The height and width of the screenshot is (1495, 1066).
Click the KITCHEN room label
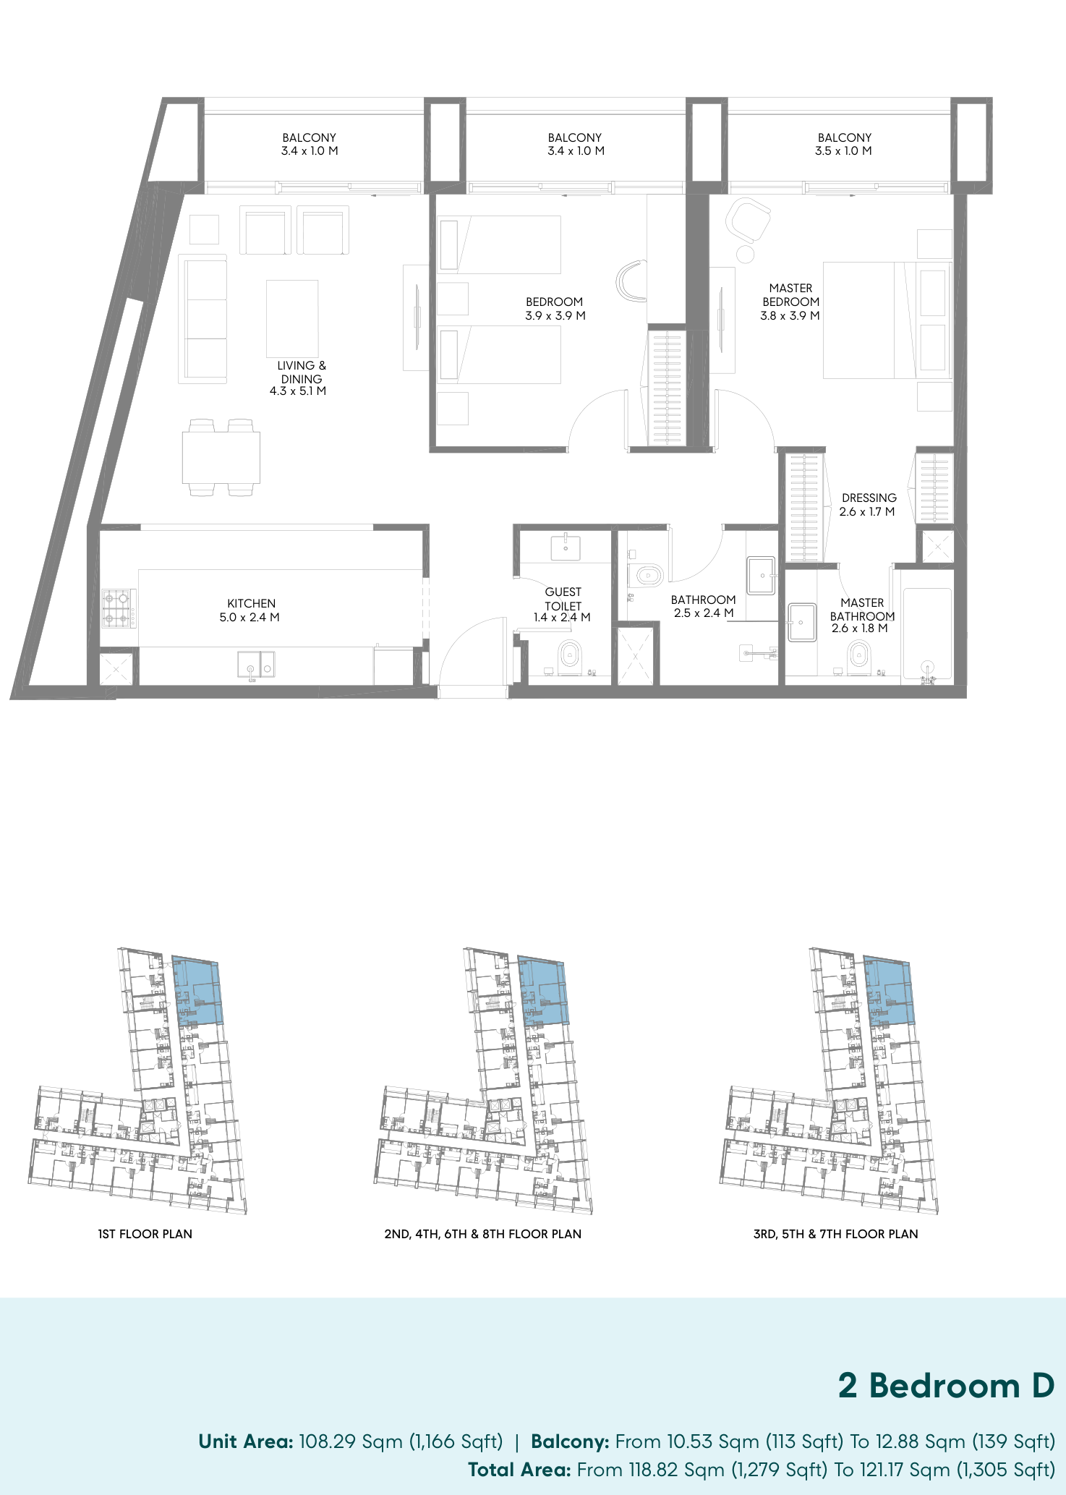pos(252,603)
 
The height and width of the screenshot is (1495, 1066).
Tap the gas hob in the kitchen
pos(118,608)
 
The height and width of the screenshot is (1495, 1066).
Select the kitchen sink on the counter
pos(256,665)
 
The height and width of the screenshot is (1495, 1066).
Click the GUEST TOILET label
pos(563,599)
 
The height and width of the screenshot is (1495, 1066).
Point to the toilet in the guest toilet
pos(570,656)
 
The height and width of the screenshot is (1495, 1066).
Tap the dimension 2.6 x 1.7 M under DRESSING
pos(867,512)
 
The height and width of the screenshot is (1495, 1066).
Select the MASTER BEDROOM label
pos(790,294)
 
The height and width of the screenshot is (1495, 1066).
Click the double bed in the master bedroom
pos(887,320)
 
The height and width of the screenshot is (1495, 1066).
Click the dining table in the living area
pos(221,458)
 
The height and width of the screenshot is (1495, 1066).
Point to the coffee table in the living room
pos(292,318)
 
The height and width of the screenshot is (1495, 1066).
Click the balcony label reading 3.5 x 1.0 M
pos(843,151)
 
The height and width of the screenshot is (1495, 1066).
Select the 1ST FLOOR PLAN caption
pos(145,1234)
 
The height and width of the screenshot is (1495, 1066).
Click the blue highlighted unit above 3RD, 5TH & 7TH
pos(890,991)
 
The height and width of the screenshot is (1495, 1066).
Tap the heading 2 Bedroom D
pos(946,1386)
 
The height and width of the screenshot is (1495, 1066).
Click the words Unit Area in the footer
pos(246,1441)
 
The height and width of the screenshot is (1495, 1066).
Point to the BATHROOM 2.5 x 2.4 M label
pos(703,606)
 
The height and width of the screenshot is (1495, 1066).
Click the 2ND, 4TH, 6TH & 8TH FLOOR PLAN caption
pos(483,1234)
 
